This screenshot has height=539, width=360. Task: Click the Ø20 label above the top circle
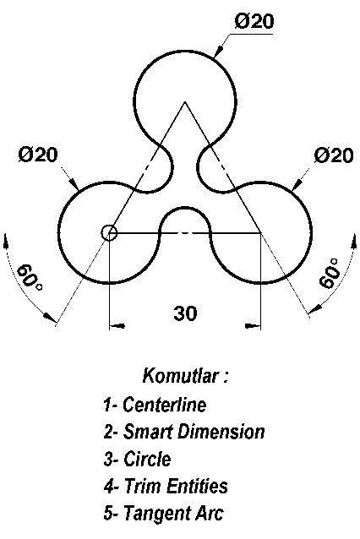coord(254,20)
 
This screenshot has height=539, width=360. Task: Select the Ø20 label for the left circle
coord(38,155)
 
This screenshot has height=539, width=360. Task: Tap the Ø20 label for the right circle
coord(334,155)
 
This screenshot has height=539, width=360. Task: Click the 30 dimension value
coord(185,313)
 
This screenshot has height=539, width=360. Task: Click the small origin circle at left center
coord(109,232)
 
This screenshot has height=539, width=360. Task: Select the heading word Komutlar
coord(181,376)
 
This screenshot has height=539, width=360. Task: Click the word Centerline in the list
coord(164,404)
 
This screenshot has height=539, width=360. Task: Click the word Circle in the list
coord(147,459)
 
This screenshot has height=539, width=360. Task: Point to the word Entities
coord(198,486)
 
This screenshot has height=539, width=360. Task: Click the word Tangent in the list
coord(156,514)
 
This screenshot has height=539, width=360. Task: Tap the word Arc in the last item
coord(210,513)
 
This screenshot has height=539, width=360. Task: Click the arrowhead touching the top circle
coord(219,50)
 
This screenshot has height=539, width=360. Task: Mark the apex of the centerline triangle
coord(185,101)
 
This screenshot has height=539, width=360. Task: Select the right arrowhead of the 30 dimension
coord(253,325)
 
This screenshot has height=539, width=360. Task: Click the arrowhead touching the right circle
coord(297,182)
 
